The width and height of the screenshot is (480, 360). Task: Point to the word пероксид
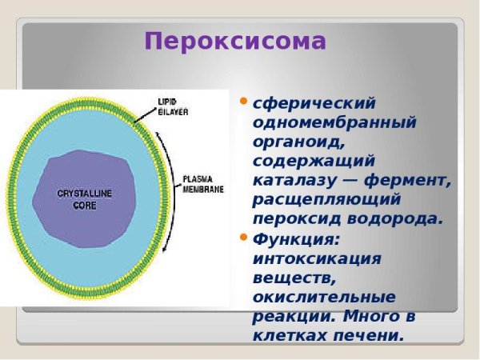coord(292,218)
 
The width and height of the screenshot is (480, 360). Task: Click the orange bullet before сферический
coord(244,102)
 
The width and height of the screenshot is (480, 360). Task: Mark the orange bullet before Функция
coord(244,238)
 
